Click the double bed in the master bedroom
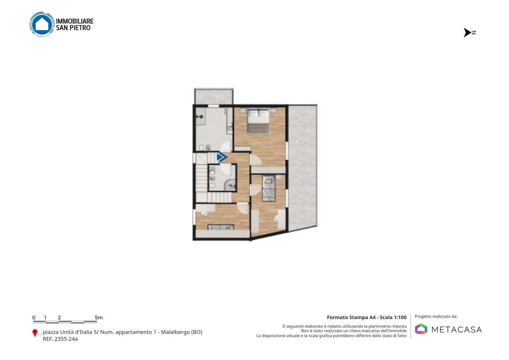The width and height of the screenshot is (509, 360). (258, 121)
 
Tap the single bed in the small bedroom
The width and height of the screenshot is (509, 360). (269, 188)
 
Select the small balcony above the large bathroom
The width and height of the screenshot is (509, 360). (213, 96)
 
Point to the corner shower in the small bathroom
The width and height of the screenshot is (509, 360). (229, 185)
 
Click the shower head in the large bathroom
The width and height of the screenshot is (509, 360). (200, 117)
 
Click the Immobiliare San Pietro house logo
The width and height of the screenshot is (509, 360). (42, 24)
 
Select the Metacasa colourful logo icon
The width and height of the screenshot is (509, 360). (421, 329)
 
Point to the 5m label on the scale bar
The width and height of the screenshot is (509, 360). (99, 318)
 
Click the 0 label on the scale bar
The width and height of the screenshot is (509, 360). (34, 318)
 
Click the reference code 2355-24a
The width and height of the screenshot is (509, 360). (66, 339)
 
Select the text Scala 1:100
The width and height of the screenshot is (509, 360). (393, 317)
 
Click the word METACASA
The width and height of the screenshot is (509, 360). (457, 330)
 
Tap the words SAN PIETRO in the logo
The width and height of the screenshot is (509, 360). (73, 28)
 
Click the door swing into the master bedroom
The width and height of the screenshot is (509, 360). (256, 160)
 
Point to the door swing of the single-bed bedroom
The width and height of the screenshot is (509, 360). (256, 190)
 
